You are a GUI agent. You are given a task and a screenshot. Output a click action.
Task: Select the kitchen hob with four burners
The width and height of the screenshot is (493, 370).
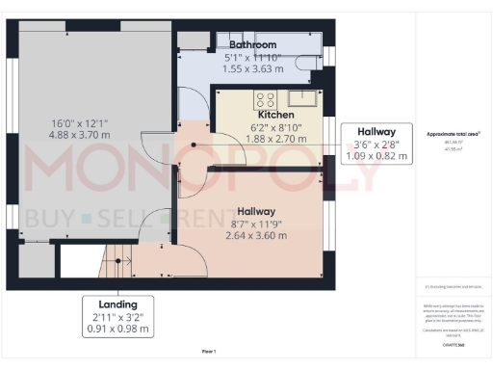(264, 97)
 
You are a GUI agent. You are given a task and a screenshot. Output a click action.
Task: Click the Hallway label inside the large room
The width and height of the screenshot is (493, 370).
(256, 211)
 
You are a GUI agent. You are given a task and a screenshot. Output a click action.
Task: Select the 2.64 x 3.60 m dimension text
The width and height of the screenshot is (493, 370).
(256, 236)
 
